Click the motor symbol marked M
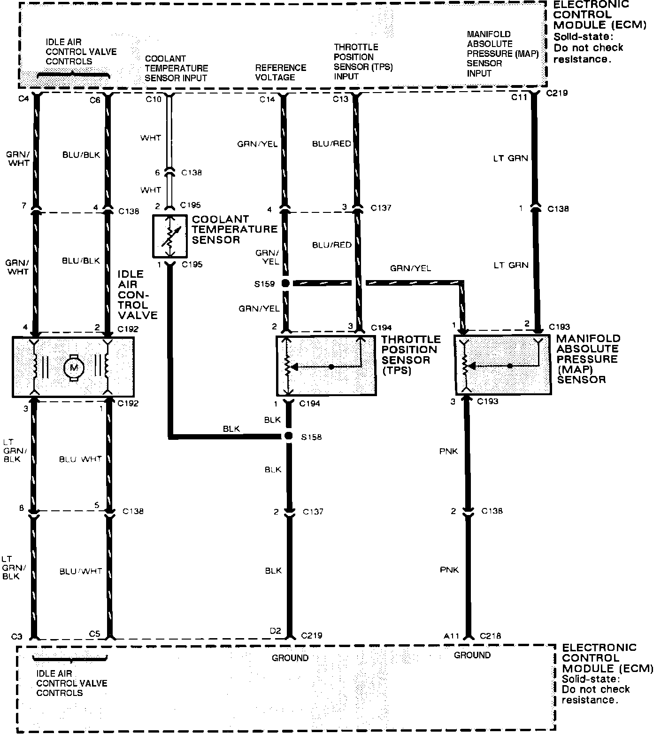[x=73, y=366]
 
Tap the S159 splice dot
[x=285, y=283]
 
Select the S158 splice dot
[x=289, y=436]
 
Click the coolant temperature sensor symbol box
[x=169, y=236]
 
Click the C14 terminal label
[x=267, y=100]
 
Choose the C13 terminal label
[x=340, y=99]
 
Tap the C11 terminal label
[x=519, y=97]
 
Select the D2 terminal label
[x=275, y=631]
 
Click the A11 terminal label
[x=451, y=636]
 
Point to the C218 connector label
[x=491, y=636]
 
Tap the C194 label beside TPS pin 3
[x=381, y=328]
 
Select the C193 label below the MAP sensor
[x=488, y=401]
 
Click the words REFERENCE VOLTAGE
[x=281, y=72]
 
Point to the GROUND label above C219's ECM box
[x=290, y=658]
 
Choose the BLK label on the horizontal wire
[x=231, y=429]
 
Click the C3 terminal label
[x=16, y=637]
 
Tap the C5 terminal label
[x=94, y=634]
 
